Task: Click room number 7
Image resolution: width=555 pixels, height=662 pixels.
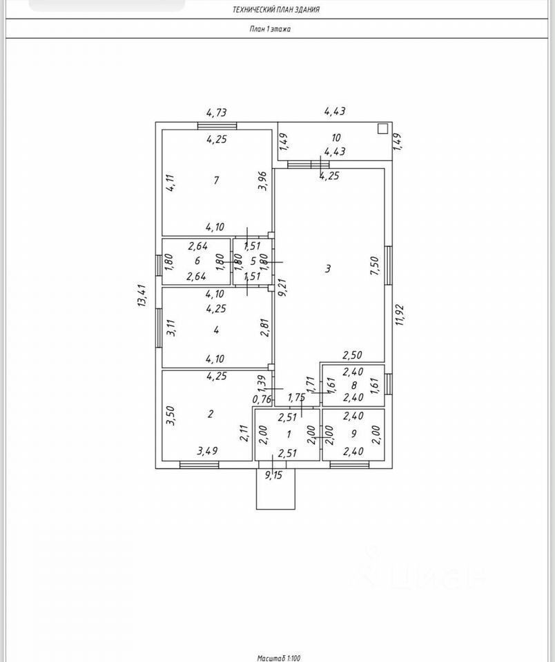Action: pos(216,181)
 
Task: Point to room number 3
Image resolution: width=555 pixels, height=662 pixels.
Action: pos(329,269)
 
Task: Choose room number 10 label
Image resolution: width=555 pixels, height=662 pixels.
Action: pos(336,138)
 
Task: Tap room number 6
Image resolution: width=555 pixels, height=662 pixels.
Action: pos(197,261)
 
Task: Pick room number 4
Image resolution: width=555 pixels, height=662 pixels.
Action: pos(216,331)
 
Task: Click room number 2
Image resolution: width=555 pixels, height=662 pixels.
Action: pos(211,414)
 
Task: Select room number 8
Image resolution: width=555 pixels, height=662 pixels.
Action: pos(354,385)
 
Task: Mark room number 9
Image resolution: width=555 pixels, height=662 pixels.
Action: pos(354,434)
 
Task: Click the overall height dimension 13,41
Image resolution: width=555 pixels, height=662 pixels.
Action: pos(142,297)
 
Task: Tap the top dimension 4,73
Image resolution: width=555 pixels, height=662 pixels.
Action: pos(217,112)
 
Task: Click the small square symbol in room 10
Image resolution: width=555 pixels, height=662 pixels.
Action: pos(382,128)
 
